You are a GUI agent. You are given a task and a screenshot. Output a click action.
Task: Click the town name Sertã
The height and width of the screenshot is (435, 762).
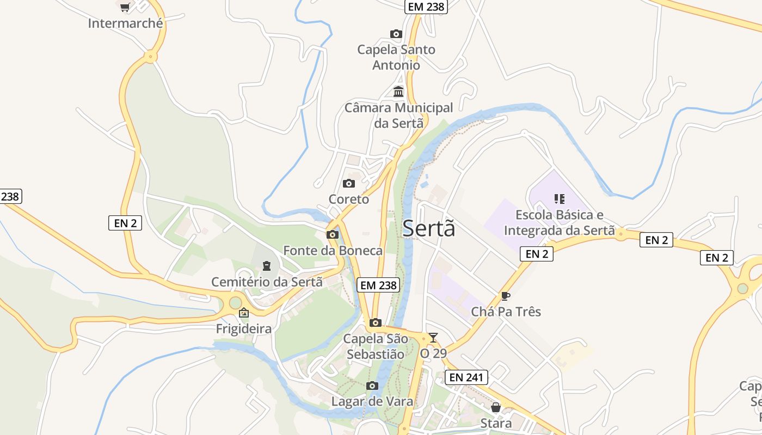428,229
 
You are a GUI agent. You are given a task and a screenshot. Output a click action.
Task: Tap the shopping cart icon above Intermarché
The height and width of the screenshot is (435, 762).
125,7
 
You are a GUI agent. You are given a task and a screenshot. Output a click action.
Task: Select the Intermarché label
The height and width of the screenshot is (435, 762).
125,23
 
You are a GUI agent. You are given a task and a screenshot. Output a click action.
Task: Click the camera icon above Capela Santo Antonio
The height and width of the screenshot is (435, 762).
396,34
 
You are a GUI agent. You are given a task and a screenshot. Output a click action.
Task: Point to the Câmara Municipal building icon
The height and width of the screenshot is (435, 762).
398,91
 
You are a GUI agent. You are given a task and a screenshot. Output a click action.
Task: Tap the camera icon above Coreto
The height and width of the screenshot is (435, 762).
349,184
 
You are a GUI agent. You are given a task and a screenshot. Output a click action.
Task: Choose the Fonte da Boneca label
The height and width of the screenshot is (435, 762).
333,251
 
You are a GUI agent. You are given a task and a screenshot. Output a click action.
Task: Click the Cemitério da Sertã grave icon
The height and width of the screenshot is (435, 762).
266,266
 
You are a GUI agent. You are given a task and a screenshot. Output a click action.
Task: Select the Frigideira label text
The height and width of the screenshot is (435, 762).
244,329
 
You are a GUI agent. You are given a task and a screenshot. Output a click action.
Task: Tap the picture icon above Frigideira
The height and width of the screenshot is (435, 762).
244,313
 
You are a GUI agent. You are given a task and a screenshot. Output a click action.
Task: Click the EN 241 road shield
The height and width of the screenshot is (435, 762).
466,377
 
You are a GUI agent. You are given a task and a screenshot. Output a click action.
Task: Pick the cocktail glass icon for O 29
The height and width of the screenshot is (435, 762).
433,338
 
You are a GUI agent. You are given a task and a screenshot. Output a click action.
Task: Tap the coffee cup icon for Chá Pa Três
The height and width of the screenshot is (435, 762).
506,296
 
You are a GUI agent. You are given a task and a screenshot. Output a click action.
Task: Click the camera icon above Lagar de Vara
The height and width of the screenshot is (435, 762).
372,386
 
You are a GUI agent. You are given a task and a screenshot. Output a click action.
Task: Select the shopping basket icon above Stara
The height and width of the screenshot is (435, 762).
496,407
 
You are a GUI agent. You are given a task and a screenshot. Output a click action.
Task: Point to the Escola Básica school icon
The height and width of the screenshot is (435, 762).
560,199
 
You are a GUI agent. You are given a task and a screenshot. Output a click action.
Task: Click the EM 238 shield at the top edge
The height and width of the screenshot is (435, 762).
426,7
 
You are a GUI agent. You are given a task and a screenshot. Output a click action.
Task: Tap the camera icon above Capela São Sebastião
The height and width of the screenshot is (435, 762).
376,323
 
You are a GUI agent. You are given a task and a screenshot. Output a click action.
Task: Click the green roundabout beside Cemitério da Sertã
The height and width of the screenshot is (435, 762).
235,303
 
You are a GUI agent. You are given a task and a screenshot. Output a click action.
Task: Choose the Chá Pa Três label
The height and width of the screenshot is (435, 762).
506,312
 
